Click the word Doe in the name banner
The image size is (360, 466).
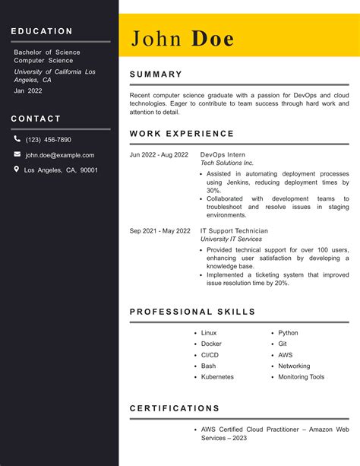click(213, 39)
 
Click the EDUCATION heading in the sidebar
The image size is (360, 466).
click(42, 31)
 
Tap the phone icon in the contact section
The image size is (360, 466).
click(17, 139)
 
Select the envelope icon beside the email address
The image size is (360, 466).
click(17, 154)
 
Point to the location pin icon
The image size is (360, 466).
click(17, 170)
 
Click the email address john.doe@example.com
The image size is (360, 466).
click(60, 155)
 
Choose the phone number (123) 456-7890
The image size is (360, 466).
click(48, 140)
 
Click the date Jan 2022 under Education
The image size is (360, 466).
click(28, 90)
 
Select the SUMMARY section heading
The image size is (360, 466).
click(156, 74)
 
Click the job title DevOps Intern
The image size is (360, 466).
click(223, 155)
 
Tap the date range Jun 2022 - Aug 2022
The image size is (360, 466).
click(159, 155)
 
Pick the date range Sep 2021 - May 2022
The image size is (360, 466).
click(159, 231)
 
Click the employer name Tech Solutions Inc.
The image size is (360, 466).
click(227, 163)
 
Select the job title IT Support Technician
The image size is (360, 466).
click(234, 231)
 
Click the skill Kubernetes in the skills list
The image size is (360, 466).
click(217, 377)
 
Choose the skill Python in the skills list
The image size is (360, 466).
click(288, 333)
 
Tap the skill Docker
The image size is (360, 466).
click(211, 344)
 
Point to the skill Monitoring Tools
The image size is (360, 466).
click(301, 377)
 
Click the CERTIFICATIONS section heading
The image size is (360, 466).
click(175, 408)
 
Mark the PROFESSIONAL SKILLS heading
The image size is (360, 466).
click(192, 312)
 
